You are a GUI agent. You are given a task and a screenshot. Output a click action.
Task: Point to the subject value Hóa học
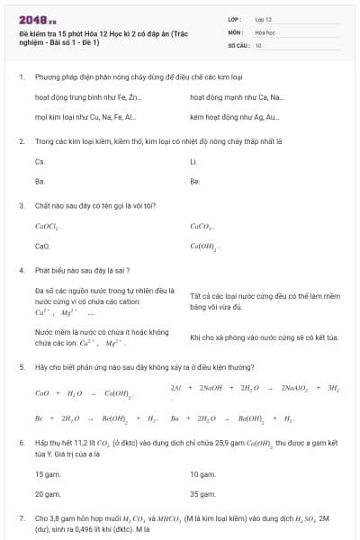pos(265,31)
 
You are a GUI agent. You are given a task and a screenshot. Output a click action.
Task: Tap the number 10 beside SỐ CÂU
pos(258,44)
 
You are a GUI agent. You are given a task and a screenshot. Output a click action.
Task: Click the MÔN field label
pos(236,31)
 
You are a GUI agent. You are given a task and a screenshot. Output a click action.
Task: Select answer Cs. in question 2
pos(40,161)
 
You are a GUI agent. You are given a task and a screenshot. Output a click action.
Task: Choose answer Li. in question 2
pos(193,161)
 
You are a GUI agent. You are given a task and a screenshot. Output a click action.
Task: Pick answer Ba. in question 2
pos(40,181)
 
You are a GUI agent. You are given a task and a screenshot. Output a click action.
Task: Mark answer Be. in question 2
pos(194,181)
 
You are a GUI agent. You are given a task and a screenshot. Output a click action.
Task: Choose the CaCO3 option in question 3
pos(202,226)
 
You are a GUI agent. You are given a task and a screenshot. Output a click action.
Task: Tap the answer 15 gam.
pos(47,473)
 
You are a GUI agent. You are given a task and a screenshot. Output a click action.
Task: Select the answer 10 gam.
pos(202,473)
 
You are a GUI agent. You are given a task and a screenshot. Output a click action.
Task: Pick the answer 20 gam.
pos(48,494)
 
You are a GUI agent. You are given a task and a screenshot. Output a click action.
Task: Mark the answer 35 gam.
pos(202,494)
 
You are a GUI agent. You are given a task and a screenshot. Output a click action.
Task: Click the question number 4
pos(21,270)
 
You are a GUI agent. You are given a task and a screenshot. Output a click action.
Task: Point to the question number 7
pos(21,519)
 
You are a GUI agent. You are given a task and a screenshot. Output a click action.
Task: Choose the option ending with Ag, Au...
pos(235,117)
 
